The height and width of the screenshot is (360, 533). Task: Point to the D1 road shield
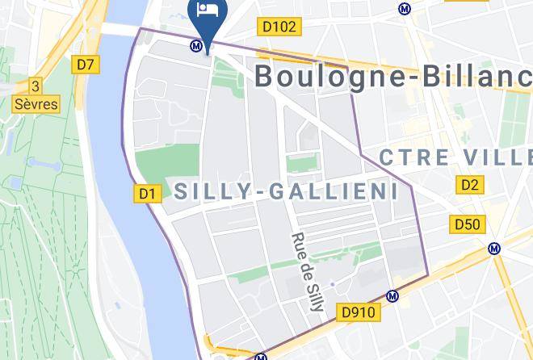click(x=146, y=193)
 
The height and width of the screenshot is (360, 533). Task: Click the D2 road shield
click(x=470, y=186)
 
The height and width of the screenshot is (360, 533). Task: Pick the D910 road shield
click(x=359, y=312)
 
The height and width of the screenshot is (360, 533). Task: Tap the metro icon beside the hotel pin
click(x=195, y=46)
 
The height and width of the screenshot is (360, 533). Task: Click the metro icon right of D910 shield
click(x=393, y=296)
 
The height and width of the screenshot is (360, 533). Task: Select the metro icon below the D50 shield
click(x=494, y=249)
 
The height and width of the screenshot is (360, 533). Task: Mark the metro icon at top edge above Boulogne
click(x=404, y=9)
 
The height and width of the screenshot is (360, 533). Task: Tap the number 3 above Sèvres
click(x=35, y=86)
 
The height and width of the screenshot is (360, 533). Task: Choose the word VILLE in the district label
click(x=495, y=156)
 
